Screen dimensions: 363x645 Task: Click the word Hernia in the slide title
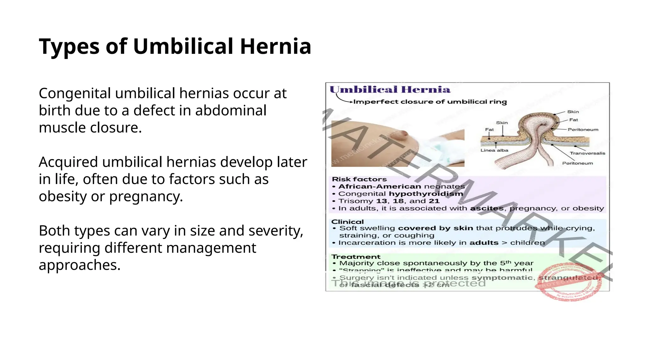click(x=276, y=47)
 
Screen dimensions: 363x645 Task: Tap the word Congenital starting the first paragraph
click(x=75, y=94)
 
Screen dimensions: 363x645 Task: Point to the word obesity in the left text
click(x=63, y=197)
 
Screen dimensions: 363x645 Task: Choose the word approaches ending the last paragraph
click(x=79, y=265)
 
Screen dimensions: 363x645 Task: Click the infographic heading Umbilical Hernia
click(x=390, y=90)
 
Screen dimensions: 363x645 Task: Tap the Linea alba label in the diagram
click(x=494, y=150)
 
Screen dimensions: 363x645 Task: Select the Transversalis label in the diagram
click(x=587, y=153)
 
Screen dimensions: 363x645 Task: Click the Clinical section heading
click(x=347, y=222)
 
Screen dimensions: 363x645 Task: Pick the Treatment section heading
click(x=356, y=257)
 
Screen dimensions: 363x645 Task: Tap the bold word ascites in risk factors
click(x=487, y=208)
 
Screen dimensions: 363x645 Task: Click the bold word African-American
click(x=380, y=187)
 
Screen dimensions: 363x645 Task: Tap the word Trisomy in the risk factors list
click(x=356, y=201)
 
